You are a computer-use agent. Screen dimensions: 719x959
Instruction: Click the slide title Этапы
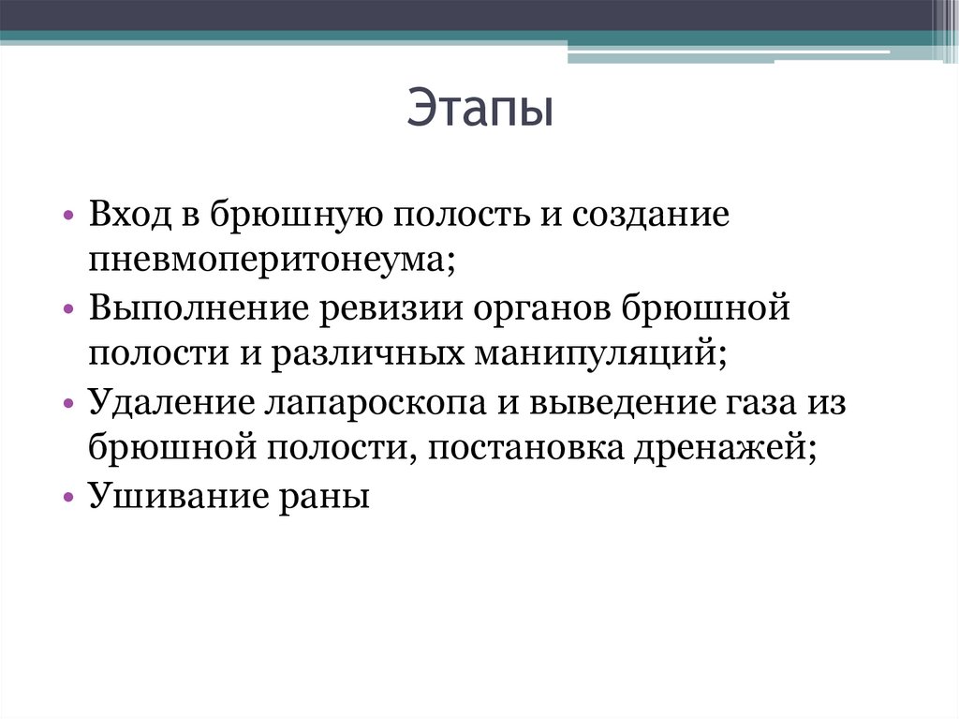coord(479,111)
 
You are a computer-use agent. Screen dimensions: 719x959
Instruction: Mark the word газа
coord(760,402)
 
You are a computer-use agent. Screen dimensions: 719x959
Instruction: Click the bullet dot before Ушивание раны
coord(72,498)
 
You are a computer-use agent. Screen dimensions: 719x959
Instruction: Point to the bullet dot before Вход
coord(72,217)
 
